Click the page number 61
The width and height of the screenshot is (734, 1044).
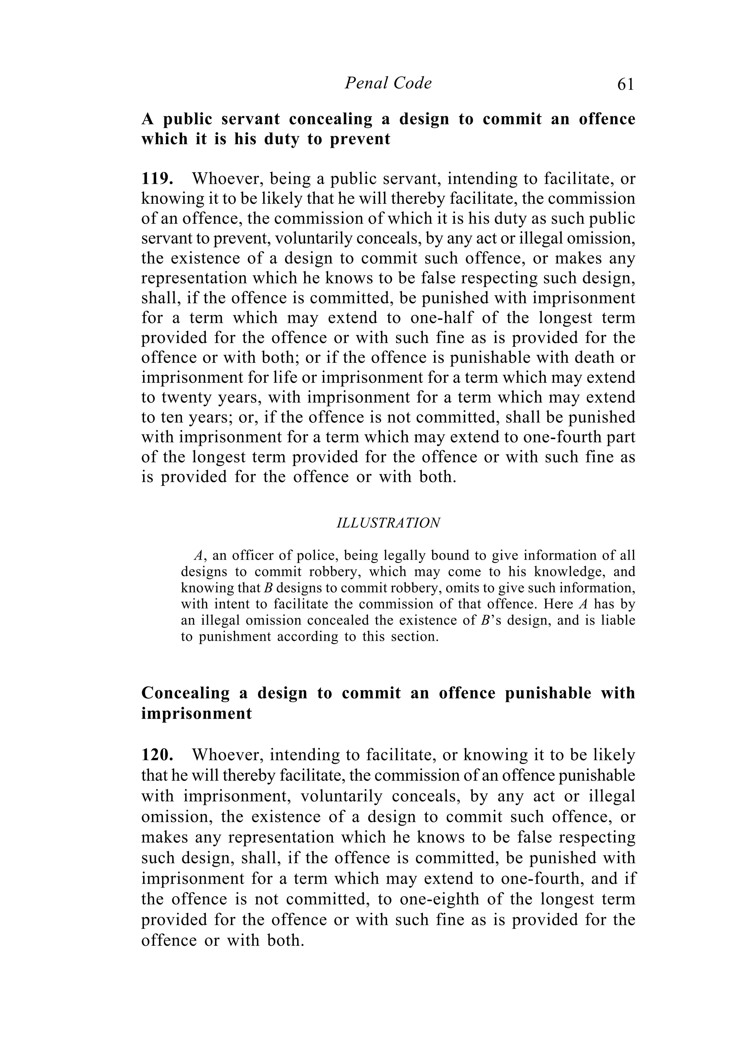tap(625, 84)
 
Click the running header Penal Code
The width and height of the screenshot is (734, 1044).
tap(388, 83)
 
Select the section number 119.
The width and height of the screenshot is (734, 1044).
tap(157, 179)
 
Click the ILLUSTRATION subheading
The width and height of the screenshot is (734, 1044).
tap(388, 523)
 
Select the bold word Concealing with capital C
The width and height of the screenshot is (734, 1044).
tap(185, 693)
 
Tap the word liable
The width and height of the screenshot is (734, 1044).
tap(618, 621)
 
